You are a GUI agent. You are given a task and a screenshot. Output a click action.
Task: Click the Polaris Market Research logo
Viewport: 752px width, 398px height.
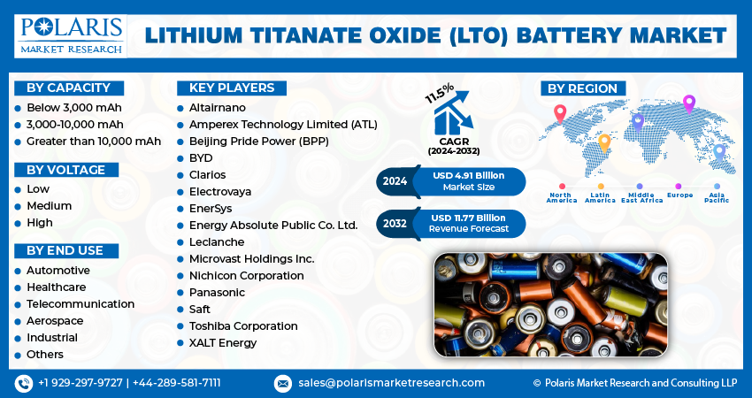71,36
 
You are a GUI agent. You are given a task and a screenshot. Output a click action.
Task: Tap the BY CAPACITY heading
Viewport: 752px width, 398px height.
69,88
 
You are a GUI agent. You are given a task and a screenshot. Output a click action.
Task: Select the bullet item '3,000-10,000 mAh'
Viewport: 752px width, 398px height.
75,125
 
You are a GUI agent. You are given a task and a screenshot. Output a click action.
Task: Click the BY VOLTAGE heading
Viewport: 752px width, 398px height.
66,170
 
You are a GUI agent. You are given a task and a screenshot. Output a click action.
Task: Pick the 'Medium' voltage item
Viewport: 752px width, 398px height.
50,206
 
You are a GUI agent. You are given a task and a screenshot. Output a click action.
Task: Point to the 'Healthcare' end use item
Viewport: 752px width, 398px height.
56,287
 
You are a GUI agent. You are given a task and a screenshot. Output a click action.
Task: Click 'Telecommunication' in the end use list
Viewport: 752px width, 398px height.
81,304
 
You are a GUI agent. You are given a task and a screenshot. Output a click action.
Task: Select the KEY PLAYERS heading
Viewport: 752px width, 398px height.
232,88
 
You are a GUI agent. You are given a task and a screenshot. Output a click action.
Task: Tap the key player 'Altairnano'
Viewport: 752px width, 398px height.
218,108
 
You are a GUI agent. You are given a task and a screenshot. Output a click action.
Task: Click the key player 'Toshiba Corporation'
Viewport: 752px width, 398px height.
243,326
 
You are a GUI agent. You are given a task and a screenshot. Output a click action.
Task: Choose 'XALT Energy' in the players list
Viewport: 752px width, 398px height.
223,343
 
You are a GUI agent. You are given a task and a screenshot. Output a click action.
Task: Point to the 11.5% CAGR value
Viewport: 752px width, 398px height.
440,93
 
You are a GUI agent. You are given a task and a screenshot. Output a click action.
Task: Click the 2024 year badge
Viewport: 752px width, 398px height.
395,181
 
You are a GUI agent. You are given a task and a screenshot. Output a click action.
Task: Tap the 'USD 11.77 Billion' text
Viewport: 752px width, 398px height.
468,218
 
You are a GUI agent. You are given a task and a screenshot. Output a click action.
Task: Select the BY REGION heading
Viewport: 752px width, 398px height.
583,88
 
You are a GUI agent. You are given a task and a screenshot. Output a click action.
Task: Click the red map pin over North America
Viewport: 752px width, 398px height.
560,113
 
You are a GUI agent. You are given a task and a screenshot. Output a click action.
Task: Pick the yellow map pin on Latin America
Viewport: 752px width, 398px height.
604,143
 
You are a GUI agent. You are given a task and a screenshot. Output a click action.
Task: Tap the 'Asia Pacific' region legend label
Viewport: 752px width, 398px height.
717,197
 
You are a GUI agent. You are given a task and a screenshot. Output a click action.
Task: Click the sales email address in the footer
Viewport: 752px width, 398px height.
391,383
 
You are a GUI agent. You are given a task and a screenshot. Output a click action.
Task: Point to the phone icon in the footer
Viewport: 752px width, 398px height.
24,383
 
